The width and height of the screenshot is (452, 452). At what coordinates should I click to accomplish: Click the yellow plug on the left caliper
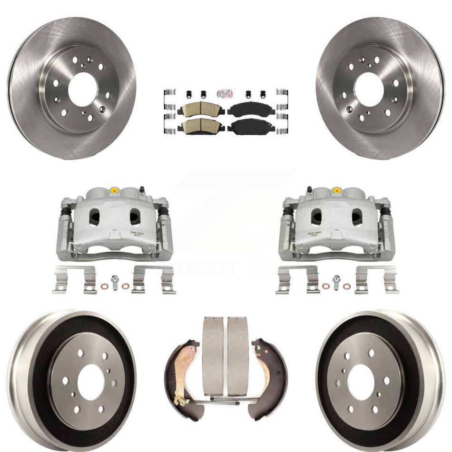(x=114, y=191)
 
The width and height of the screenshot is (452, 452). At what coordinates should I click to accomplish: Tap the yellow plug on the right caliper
(x=337, y=190)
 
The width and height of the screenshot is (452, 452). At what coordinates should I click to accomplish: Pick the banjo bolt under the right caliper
(x=337, y=282)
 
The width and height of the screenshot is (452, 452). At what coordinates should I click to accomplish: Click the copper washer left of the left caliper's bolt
(x=104, y=286)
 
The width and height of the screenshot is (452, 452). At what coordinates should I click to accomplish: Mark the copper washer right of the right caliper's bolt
(x=347, y=286)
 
